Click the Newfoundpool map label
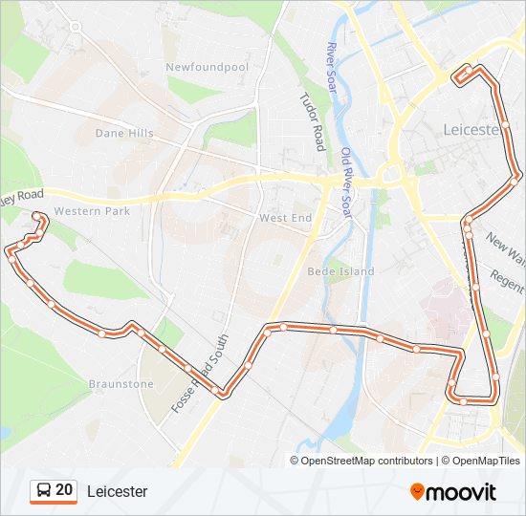207,67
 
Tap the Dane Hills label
124,134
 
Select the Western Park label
91,211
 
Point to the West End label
286,219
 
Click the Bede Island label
340,271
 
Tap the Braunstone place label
121,384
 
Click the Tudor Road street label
313,121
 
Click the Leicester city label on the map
472,129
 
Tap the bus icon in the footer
43,491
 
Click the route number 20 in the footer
64,490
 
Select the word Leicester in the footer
118,491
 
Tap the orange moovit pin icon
417,491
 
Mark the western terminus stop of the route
37,216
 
